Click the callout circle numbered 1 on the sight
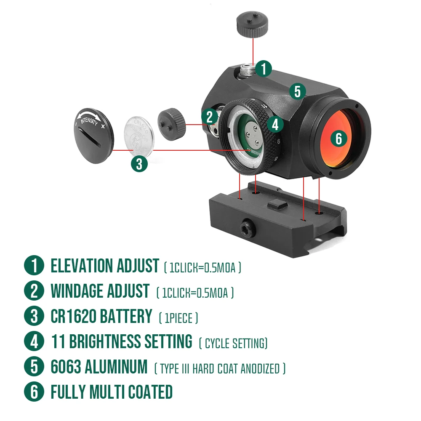pyautogui.click(x=264, y=69)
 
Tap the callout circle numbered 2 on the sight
pyautogui.click(x=209, y=117)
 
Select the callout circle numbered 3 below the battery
pyautogui.click(x=139, y=163)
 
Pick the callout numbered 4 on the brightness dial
pyautogui.click(x=275, y=124)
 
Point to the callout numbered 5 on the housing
pyautogui.click(x=298, y=91)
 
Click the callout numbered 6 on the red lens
pyautogui.click(x=339, y=138)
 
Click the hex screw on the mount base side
pyautogui.click(x=245, y=227)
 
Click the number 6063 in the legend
pyautogui.click(x=65, y=367)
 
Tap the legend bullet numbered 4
pyautogui.click(x=34, y=341)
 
